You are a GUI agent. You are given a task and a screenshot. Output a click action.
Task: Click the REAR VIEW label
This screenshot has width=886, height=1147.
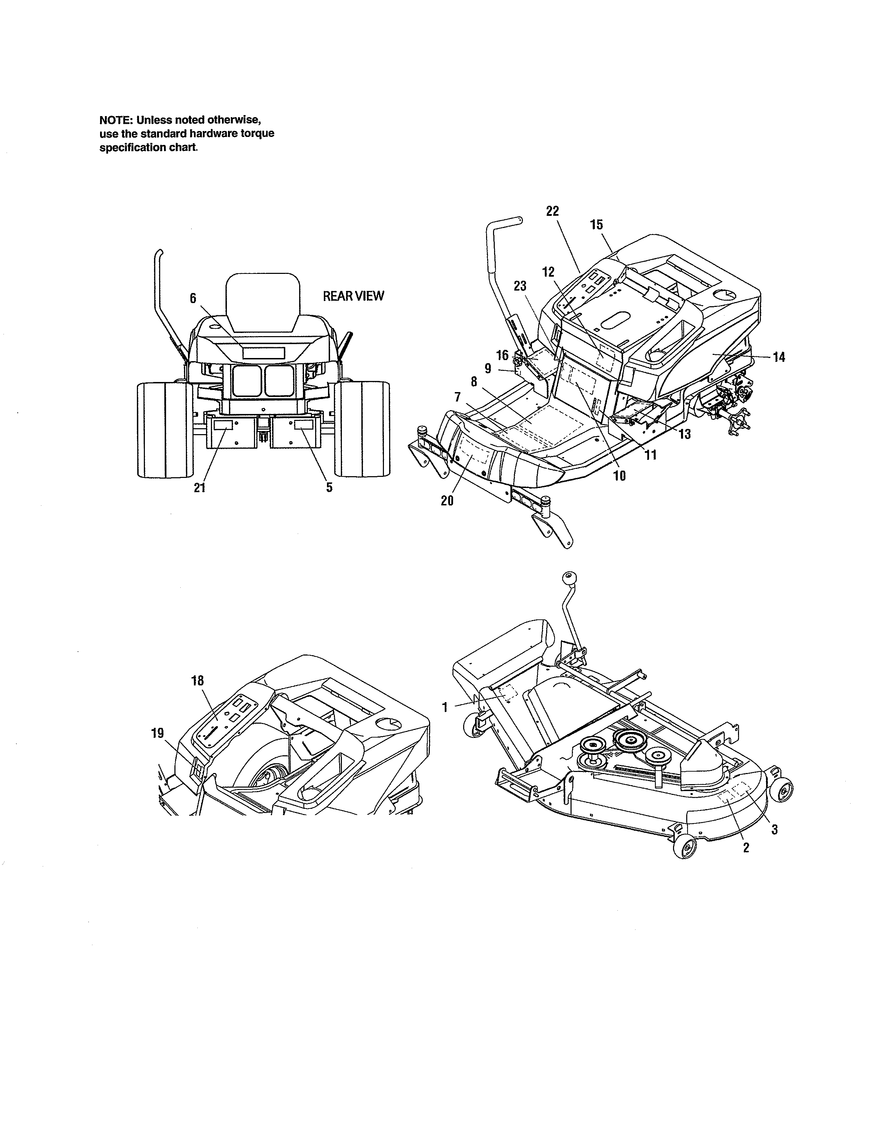point(353,296)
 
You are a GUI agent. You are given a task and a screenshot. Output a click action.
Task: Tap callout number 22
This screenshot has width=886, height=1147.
point(553,211)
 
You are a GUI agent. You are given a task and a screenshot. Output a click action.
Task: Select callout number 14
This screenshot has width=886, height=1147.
point(779,357)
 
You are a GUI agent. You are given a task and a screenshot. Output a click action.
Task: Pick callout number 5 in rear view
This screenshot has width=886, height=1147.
point(329,487)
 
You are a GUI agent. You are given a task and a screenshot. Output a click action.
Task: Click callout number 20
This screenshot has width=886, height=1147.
point(447,501)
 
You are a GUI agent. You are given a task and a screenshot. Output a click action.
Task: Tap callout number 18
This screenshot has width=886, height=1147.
point(197,681)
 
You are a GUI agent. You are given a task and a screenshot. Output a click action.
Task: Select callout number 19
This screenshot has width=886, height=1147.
point(157,733)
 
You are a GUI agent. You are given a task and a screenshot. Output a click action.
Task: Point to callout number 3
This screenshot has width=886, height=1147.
point(774,830)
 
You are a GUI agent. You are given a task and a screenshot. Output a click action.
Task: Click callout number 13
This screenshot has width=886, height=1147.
point(684,434)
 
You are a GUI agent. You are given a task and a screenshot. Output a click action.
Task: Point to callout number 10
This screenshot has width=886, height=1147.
point(620,476)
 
